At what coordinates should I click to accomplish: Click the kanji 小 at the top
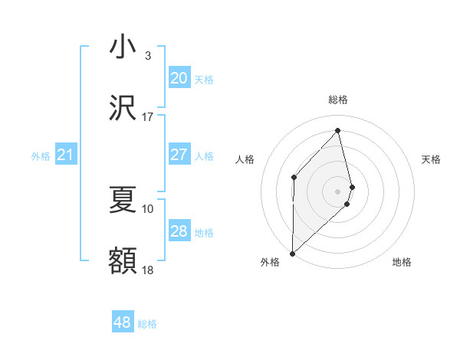click(123, 47)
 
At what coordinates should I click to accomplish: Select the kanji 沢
click(123, 108)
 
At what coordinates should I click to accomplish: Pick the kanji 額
click(123, 260)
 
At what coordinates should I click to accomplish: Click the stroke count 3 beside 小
click(148, 56)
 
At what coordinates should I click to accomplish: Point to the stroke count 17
click(148, 116)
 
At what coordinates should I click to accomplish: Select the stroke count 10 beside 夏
click(148, 208)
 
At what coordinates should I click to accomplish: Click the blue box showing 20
click(179, 78)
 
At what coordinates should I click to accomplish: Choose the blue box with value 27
click(179, 155)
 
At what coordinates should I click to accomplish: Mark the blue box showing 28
click(179, 231)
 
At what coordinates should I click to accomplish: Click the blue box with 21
click(65, 155)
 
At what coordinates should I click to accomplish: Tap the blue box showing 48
click(122, 322)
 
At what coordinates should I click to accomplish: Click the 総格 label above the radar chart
click(338, 100)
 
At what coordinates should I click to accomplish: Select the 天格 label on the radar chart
click(431, 159)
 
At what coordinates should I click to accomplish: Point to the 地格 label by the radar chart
click(402, 263)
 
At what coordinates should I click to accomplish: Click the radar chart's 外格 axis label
click(270, 263)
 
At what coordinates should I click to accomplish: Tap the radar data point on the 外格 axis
click(292, 252)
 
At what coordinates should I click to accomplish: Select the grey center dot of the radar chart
click(338, 190)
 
